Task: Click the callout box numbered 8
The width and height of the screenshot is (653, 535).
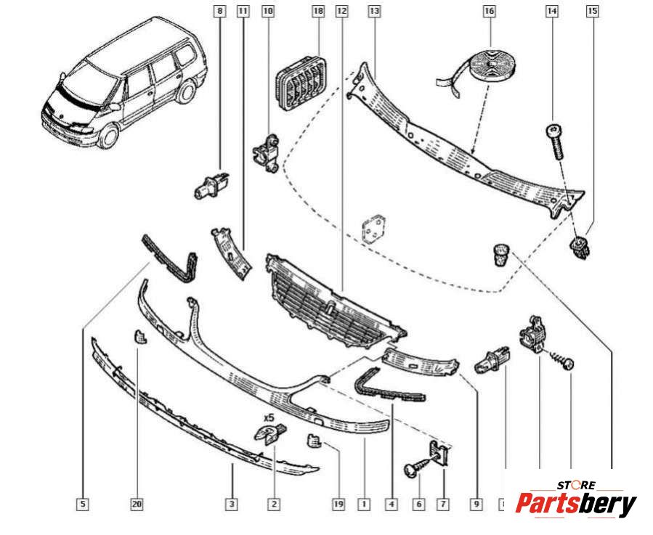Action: (x=220, y=12)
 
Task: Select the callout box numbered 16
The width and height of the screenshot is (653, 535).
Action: (x=489, y=12)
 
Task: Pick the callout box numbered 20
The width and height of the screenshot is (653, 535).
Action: (x=137, y=502)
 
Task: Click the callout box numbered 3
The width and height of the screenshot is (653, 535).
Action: (x=231, y=502)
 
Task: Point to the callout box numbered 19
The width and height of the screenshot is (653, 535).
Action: (x=337, y=502)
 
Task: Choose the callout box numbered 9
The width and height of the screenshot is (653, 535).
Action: (x=476, y=502)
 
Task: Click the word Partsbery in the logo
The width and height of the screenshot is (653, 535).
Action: (x=575, y=503)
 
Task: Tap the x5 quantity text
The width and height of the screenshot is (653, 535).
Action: (x=268, y=418)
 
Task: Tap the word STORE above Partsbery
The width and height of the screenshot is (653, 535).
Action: (x=576, y=485)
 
